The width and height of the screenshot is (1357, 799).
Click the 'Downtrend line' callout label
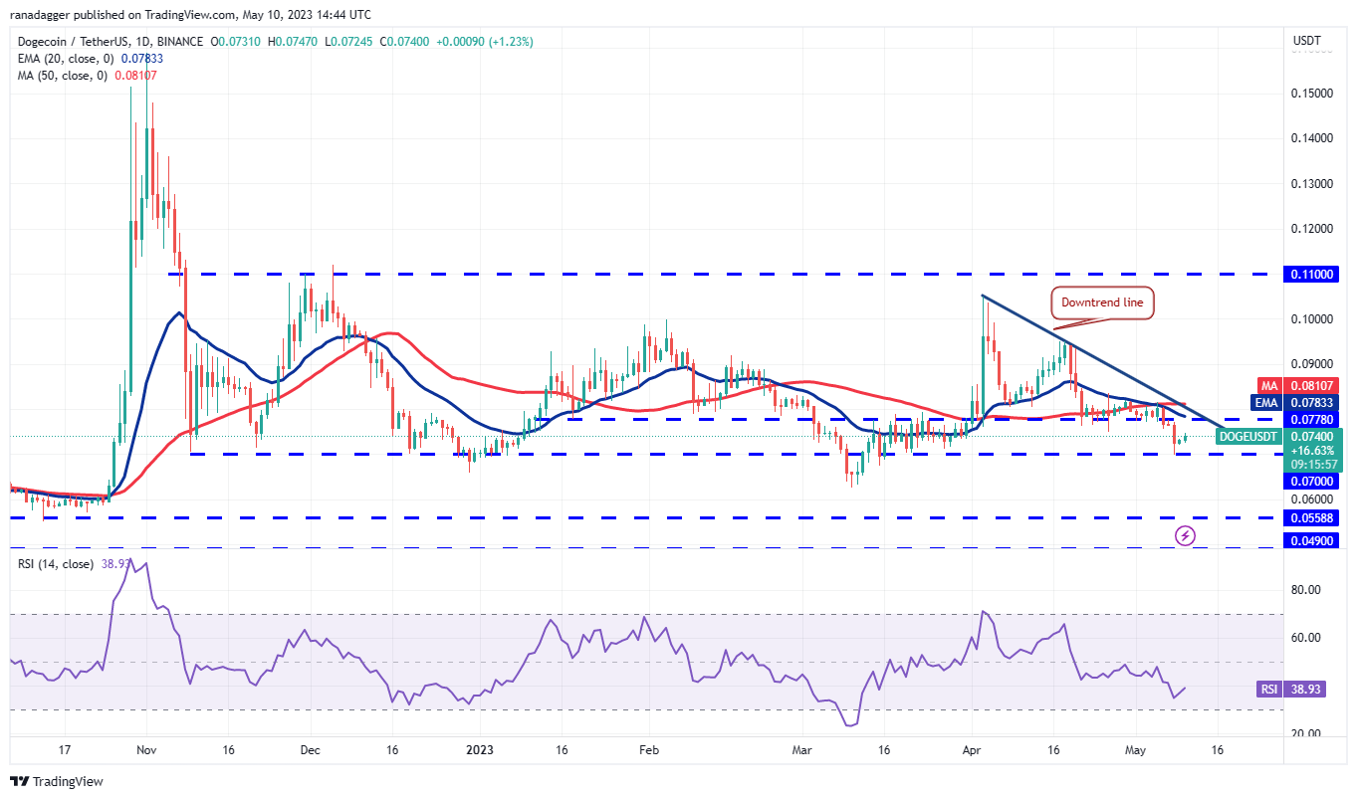(1103, 303)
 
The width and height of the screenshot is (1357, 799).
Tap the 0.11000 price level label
(1314, 274)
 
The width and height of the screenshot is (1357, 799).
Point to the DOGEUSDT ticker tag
(1247, 436)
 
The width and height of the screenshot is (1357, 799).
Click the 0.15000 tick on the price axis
(1314, 94)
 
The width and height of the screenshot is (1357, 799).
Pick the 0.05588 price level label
(1314, 518)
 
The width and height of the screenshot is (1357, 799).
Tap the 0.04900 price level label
(1314, 540)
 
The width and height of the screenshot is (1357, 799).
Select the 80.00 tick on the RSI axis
(1307, 590)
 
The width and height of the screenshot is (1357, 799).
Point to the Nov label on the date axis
(145, 751)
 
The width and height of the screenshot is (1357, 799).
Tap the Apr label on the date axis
(973, 751)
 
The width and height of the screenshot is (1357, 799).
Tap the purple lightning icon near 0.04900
(1185, 535)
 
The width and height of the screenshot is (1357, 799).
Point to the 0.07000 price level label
(1314, 480)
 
